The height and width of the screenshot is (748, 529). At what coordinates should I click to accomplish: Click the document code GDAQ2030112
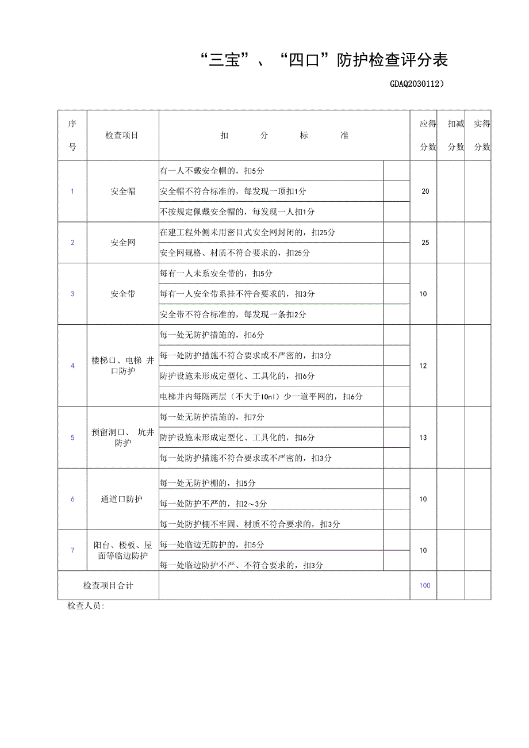(417, 84)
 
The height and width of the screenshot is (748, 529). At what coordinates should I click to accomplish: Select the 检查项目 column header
(122, 136)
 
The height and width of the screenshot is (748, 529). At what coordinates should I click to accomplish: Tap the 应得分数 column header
(427, 135)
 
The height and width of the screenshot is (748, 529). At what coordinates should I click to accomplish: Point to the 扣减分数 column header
(456, 135)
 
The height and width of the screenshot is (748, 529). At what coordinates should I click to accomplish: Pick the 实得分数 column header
(482, 135)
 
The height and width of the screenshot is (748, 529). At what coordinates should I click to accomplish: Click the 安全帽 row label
(123, 191)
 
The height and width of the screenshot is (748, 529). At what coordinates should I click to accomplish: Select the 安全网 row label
(123, 243)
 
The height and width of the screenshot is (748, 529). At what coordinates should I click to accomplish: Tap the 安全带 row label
(123, 294)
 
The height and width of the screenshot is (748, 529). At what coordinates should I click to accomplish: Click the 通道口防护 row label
(122, 499)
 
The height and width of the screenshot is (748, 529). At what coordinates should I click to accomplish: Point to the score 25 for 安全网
(425, 243)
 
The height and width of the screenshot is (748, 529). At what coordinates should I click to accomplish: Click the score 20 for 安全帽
(425, 191)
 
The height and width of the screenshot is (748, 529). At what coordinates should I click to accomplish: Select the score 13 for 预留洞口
(423, 438)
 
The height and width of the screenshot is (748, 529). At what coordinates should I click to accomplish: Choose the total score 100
(425, 585)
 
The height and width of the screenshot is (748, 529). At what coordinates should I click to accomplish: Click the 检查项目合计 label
(108, 585)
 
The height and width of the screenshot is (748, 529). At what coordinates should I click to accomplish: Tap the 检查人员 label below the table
(86, 606)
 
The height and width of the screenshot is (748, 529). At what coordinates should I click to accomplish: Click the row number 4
(72, 366)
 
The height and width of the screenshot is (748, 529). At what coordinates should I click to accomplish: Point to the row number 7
(72, 550)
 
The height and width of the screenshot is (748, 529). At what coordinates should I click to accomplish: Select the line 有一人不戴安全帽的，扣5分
(212, 171)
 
